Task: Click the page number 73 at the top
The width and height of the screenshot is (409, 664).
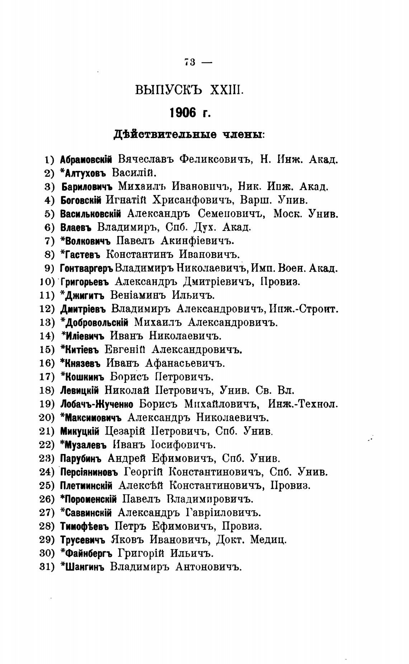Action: [x=189, y=62]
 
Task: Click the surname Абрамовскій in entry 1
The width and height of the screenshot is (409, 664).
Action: [x=86, y=159]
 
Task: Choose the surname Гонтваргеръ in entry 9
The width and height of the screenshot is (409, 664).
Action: [x=86, y=268]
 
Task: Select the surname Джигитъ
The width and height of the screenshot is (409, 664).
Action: [x=85, y=295]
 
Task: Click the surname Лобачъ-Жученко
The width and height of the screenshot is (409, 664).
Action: [x=97, y=404]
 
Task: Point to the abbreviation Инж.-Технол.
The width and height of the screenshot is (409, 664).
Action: [x=303, y=404]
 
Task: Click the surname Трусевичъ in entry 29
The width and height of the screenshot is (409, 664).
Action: [x=82, y=540]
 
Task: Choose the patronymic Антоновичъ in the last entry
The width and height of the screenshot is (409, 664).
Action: [x=208, y=567]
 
